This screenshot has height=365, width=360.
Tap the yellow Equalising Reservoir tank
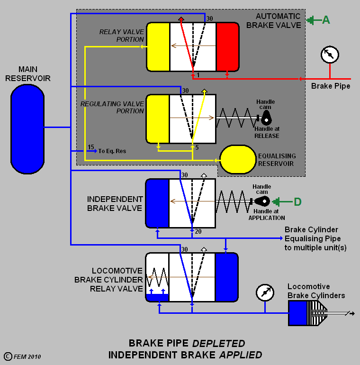coord(238,159)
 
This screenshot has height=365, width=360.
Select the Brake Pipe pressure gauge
coord(330,55)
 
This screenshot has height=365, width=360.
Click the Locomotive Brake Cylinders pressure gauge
coord(265,292)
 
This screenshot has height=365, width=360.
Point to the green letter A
coord(326,20)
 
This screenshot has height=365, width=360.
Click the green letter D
coord(297,201)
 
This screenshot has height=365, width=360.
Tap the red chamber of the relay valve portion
coord(227,46)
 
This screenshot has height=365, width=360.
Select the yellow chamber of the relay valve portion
coord(158,46)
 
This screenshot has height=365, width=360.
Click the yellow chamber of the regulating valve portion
coord(158,119)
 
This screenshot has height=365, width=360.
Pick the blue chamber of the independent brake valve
coord(157,203)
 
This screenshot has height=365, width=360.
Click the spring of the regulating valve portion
coord(236,118)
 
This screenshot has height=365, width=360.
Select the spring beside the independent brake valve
coord(232,201)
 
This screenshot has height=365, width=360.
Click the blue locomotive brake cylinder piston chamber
coord(298,312)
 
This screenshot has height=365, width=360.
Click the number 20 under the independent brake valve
coord(198,231)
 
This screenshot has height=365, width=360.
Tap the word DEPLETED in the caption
coord(219,343)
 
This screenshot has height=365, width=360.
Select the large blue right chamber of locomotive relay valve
coord(226,277)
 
